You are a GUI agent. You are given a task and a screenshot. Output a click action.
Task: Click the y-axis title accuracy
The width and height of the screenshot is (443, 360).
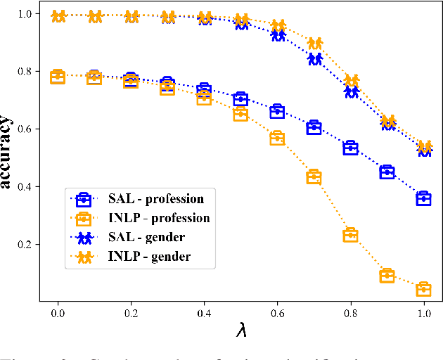coord(8,153)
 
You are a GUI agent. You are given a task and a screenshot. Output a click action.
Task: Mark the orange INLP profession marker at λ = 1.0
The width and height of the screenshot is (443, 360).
coord(423,289)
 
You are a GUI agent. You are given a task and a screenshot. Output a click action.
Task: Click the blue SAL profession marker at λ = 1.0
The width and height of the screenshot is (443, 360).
coord(423,198)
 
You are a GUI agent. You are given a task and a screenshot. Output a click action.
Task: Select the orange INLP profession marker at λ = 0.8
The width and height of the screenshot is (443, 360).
coord(350,235)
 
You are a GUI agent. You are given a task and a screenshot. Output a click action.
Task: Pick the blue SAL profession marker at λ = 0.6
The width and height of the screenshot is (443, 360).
coord(277,111)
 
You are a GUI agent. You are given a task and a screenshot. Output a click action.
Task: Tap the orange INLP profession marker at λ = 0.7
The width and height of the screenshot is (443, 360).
coord(314,176)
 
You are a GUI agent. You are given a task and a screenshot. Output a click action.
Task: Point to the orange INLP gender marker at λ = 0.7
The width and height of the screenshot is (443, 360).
coord(315,44)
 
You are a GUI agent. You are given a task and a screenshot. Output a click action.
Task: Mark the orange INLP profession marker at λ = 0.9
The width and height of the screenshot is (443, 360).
coord(387,276)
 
